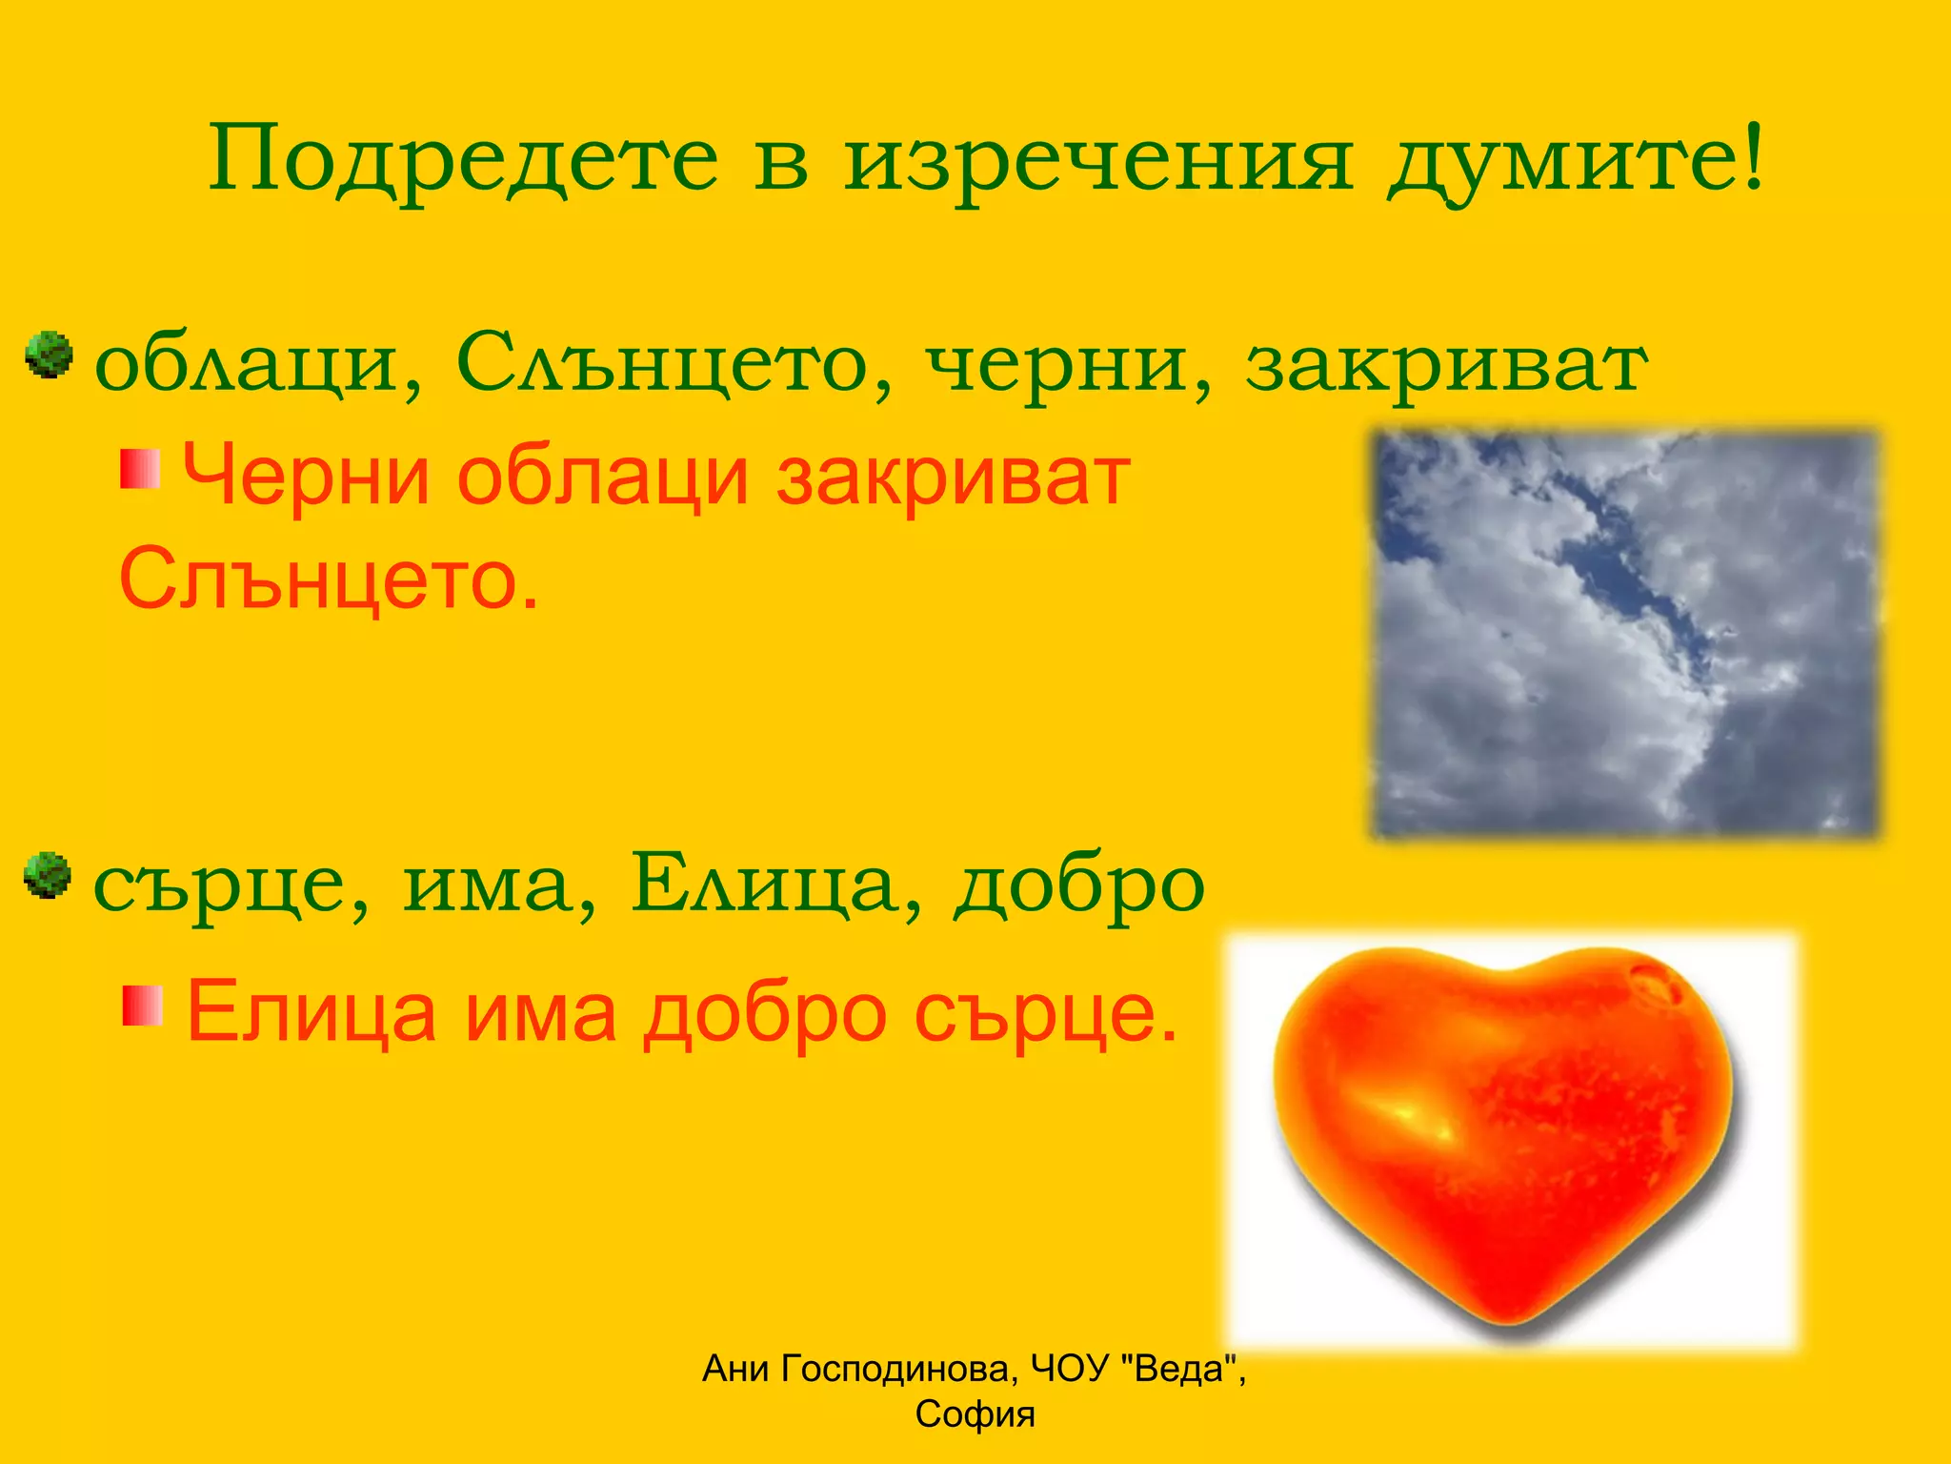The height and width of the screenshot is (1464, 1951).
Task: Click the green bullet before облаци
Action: [49, 356]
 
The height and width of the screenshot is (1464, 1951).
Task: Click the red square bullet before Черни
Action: [140, 470]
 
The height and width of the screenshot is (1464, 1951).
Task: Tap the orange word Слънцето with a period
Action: [329, 579]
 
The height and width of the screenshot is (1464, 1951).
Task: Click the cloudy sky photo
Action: [1624, 634]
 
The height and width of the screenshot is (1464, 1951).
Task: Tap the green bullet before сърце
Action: [48, 875]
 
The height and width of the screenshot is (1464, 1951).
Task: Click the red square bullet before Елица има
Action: [143, 1006]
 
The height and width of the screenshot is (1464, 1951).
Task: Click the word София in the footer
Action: [975, 1414]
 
